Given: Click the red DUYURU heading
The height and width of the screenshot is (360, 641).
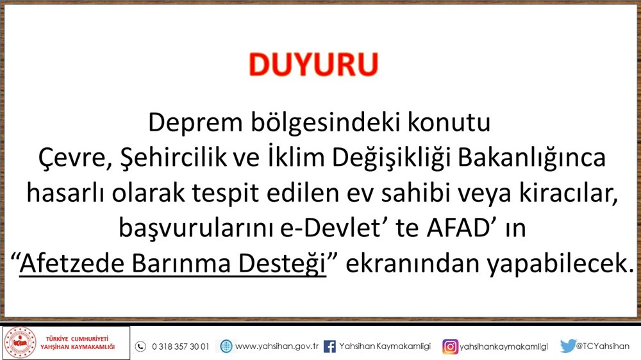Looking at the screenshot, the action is pyautogui.click(x=313, y=65).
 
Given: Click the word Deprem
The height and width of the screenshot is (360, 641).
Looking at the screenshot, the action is pyautogui.click(x=196, y=122).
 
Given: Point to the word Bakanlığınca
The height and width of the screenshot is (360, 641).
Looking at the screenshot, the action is pyautogui.click(x=531, y=158).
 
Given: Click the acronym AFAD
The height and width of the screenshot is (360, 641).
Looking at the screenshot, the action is pyautogui.click(x=458, y=228).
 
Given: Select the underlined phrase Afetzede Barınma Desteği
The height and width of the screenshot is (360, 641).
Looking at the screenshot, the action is pyautogui.click(x=173, y=263).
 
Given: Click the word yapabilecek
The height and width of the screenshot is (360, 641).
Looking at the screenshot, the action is pyautogui.click(x=560, y=264).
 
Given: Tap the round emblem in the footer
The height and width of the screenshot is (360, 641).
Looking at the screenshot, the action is pyautogui.click(x=20, y=343).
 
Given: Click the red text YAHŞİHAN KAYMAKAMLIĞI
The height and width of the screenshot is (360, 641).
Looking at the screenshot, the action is pyautogui.click(x=78, y=347).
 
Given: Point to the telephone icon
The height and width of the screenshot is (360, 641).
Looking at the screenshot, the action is pyautogui.click(x=140, y=347).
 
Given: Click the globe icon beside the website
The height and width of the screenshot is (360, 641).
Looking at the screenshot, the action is pyautogui.click(x=226, y=347).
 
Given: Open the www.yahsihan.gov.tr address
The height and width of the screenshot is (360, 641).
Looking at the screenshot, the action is pyautogui.click(x=277, y=347).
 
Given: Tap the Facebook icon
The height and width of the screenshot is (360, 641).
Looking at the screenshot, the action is pyautogui.click(x=329, y=347).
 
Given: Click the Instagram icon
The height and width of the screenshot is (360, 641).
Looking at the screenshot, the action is pyautogui.click(x=450, y=347).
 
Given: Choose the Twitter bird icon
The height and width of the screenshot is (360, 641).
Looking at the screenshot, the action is pyautogui.click(x=568, y=346).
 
